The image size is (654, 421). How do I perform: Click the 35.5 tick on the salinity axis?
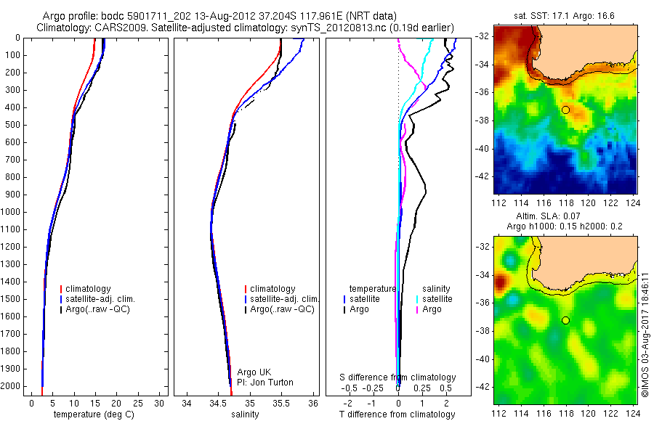pyautogui.click(x=281, y=402)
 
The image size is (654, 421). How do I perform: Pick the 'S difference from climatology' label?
pyautogui.click(x=398, y=377)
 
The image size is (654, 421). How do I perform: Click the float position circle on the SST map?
pyautogui.click(x=565, y=110)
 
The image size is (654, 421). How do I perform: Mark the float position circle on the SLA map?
pyautogui.click(x=565, y=320)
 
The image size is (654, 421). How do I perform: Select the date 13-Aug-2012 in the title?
pyautogui.click(x=204, y=16)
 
